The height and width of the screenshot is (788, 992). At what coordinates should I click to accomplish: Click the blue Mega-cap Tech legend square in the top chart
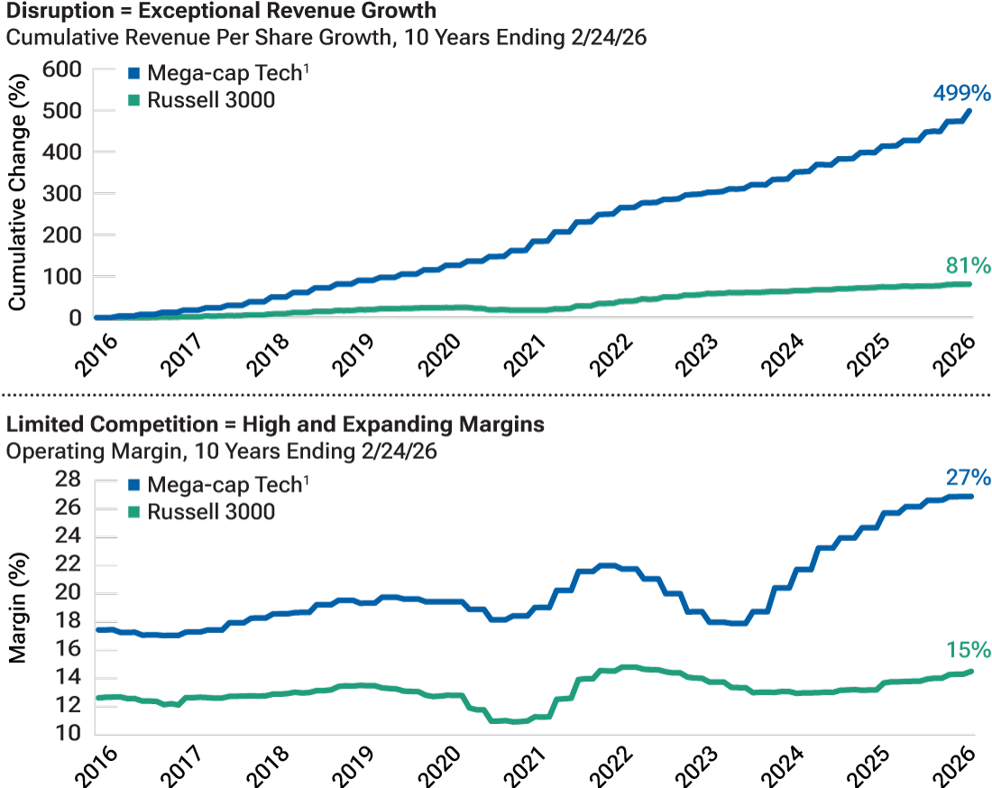(x=133, y=75)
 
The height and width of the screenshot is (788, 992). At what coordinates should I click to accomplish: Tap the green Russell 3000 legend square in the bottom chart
(x=133, y=512)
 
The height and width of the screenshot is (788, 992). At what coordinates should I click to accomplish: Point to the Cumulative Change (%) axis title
(x=17, y=193)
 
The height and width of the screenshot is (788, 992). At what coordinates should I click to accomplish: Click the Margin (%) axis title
(x=17, y=606)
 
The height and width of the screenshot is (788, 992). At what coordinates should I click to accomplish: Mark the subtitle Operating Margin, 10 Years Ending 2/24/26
(x=221, y=451)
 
